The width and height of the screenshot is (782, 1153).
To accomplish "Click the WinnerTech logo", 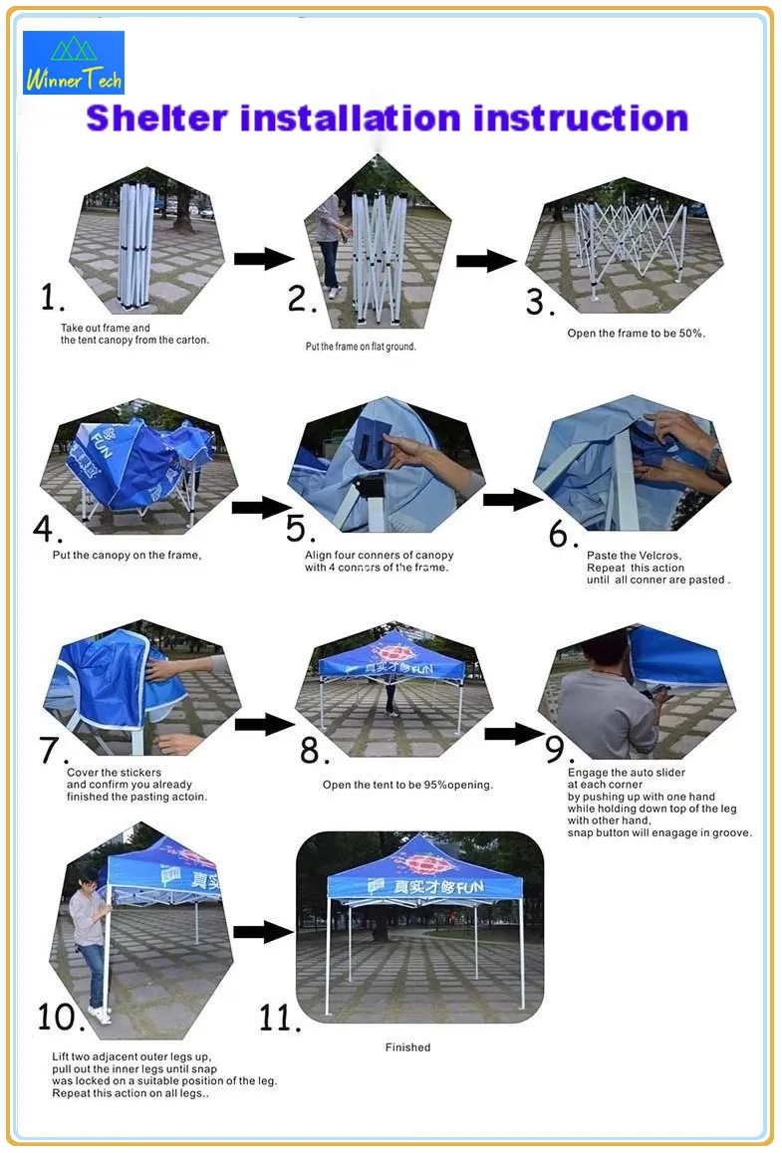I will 74,62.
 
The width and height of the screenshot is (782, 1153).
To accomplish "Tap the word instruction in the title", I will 580,117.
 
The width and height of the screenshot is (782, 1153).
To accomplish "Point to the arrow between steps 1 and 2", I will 264,259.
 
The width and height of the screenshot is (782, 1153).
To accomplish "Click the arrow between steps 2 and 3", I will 486,261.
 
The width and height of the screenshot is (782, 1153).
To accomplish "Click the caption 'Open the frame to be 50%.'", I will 636,334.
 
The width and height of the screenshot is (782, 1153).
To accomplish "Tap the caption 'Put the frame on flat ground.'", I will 361,346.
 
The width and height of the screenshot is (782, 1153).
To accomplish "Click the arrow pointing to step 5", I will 260,508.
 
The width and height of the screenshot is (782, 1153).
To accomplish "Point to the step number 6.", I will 563,535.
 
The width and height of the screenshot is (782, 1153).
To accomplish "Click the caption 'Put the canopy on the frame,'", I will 127,555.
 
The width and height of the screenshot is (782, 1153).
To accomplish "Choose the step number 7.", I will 54,750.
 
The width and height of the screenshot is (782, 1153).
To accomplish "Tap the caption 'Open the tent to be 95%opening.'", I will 407,785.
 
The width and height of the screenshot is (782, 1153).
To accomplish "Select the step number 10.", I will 61,1017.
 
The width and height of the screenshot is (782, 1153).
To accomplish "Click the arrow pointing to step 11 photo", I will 263,932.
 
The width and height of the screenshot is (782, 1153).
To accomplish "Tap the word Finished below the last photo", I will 407,1047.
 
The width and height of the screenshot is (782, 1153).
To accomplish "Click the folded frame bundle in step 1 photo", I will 134,244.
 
